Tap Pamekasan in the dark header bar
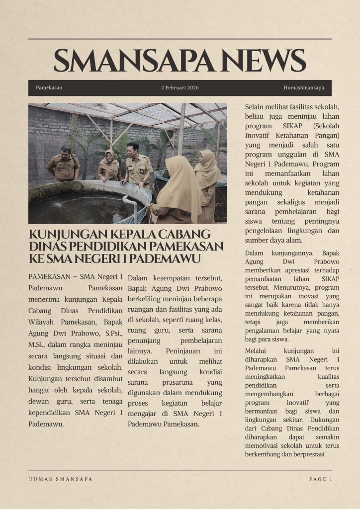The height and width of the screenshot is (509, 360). (x=49, y=87)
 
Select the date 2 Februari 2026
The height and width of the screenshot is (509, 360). (x=180, y=87)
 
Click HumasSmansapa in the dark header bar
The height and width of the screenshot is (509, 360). (x=303, y=87)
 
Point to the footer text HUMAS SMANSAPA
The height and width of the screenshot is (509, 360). (x=60, y=479)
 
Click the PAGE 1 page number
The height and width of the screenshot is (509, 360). (x=320, y=479)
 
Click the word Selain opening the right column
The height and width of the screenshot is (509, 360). (x=255, y=107)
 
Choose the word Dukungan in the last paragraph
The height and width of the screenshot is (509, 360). (x=325, y=420)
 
